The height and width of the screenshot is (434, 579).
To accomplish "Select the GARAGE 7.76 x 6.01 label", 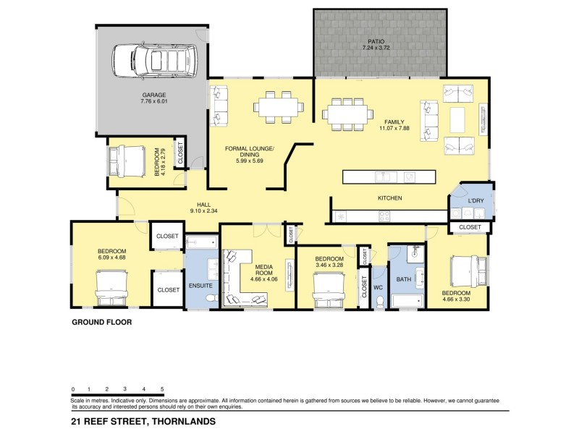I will coord(153,98).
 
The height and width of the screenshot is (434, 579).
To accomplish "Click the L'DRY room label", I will coord(476,200).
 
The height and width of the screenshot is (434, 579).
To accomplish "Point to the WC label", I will coord(377,287).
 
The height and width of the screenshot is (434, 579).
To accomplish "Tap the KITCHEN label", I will coord(389,198).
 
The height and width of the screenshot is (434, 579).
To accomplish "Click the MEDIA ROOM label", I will coord(263,255).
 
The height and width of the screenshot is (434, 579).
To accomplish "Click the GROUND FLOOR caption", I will coord(101,323).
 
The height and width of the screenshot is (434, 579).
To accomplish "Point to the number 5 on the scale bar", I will coord(162,389).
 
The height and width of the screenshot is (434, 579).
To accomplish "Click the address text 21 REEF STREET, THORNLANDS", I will coord(143,420).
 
